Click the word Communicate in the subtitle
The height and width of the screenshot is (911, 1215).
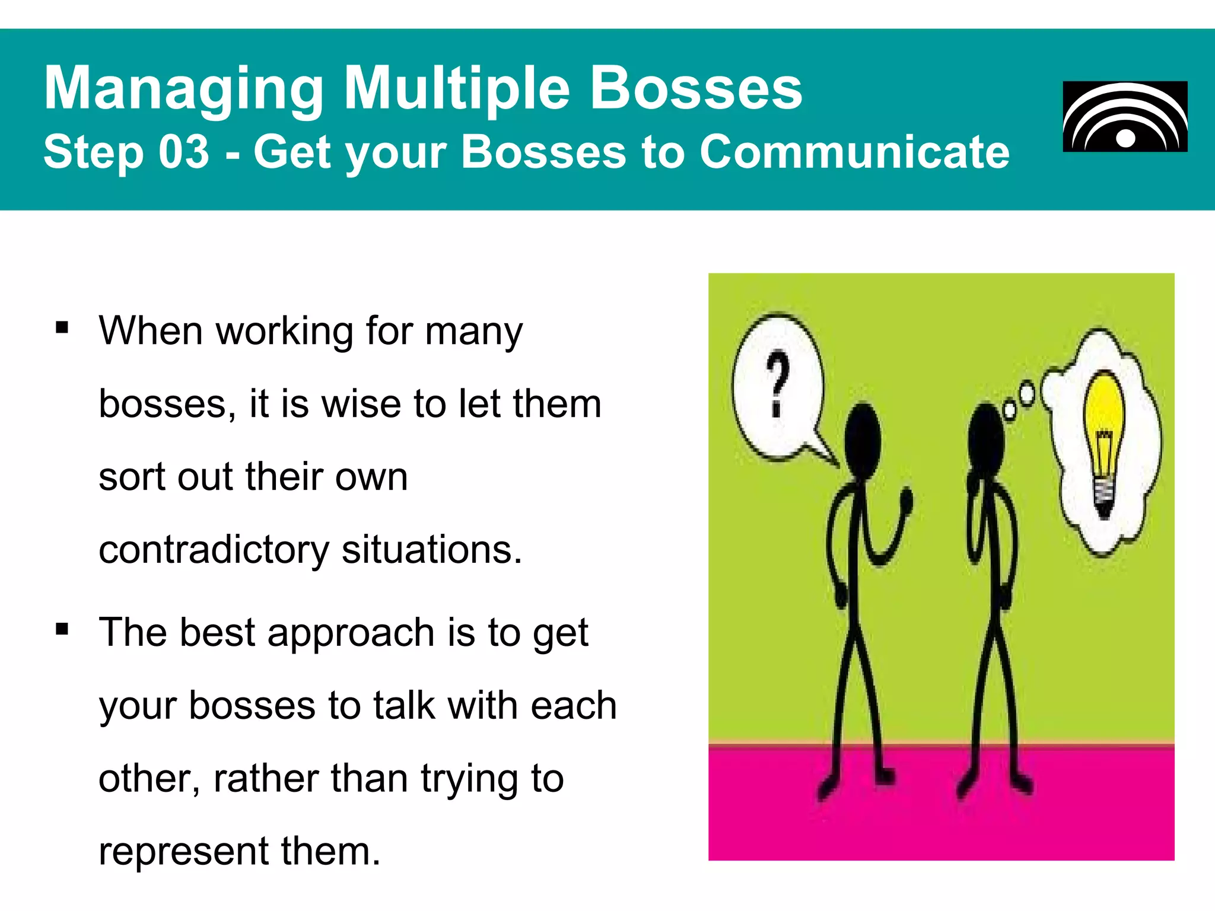(854, 152)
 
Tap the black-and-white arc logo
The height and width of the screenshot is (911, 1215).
(1125, 117)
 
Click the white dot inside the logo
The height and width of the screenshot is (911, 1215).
(1125, 139)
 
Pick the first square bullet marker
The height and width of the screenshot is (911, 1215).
(62, 328)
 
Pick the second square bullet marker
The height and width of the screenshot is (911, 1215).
(62, 629)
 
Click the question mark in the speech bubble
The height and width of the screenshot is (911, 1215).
(777, 383)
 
